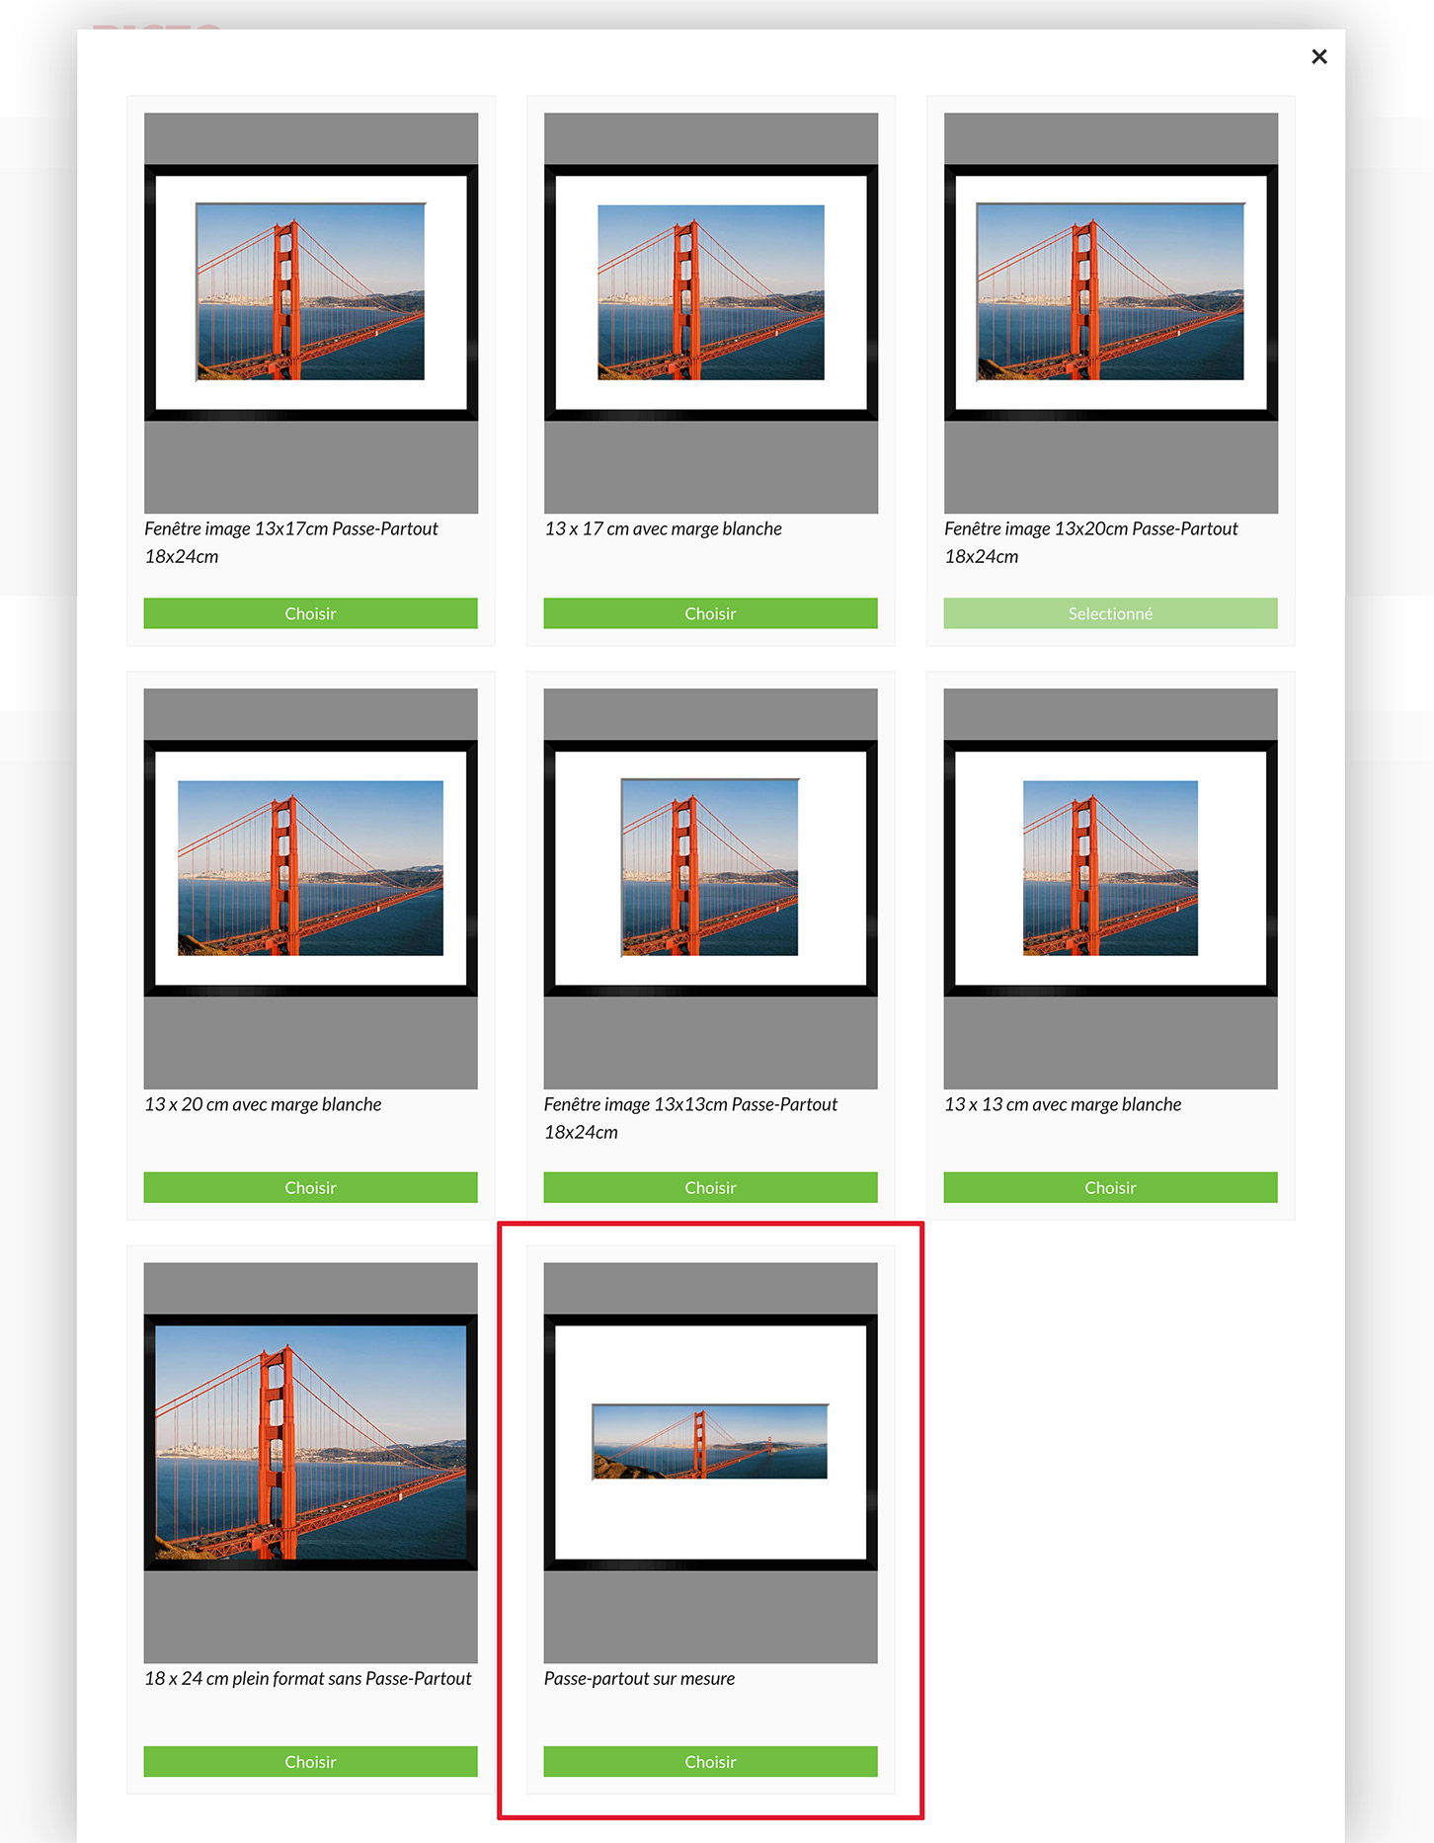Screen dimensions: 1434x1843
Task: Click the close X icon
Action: click(1318, 57)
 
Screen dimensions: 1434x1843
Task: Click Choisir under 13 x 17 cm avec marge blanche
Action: click(710, 613)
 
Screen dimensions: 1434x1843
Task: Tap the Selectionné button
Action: click(1110, 613)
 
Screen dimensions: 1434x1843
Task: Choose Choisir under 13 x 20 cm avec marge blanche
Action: click(310, 1187)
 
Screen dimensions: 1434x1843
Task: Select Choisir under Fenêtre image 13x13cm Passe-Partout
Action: click(710, 1187)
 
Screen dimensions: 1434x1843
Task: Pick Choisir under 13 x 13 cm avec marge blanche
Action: click(1110, 1187)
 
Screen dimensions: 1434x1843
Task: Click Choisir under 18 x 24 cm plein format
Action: click(310, 1761)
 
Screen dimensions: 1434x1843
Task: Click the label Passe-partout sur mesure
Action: click(639, 1678)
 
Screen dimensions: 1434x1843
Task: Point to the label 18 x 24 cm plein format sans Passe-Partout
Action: click(308, 1678)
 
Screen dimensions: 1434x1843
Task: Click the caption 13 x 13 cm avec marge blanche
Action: click(1063, 1104)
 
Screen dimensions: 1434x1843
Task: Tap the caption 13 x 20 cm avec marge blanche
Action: click(263, 1104)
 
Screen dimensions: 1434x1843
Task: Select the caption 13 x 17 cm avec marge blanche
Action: click(663, 528)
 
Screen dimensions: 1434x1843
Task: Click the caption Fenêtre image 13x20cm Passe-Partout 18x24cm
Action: click(1090, 542)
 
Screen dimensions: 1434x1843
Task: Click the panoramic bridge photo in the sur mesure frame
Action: click(710, 1441)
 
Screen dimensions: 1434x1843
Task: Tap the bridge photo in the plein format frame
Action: click(310, 1442)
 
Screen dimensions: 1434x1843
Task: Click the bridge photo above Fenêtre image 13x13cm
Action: click(710, 867)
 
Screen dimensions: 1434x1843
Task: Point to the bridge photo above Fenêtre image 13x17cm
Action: click(310, 291)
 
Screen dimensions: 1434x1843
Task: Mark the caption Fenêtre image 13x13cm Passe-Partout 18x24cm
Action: click(690, 1118)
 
